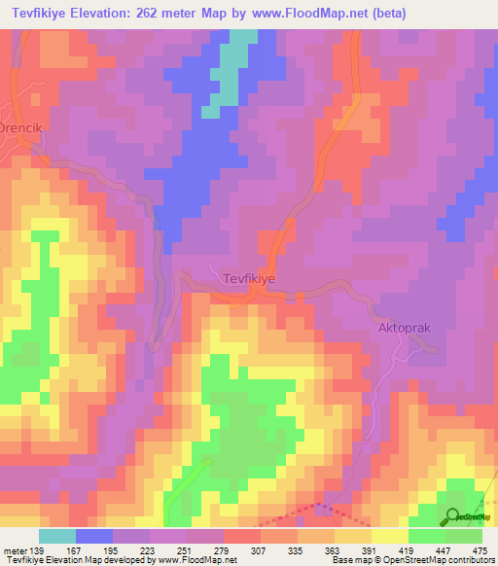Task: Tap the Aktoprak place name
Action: (404, 329)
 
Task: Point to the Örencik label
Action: (22, 127)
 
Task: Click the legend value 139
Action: (36, 551)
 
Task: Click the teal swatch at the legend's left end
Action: (57, 537)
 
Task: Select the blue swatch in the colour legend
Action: (94, 537)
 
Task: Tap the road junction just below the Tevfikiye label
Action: (255, 290)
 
